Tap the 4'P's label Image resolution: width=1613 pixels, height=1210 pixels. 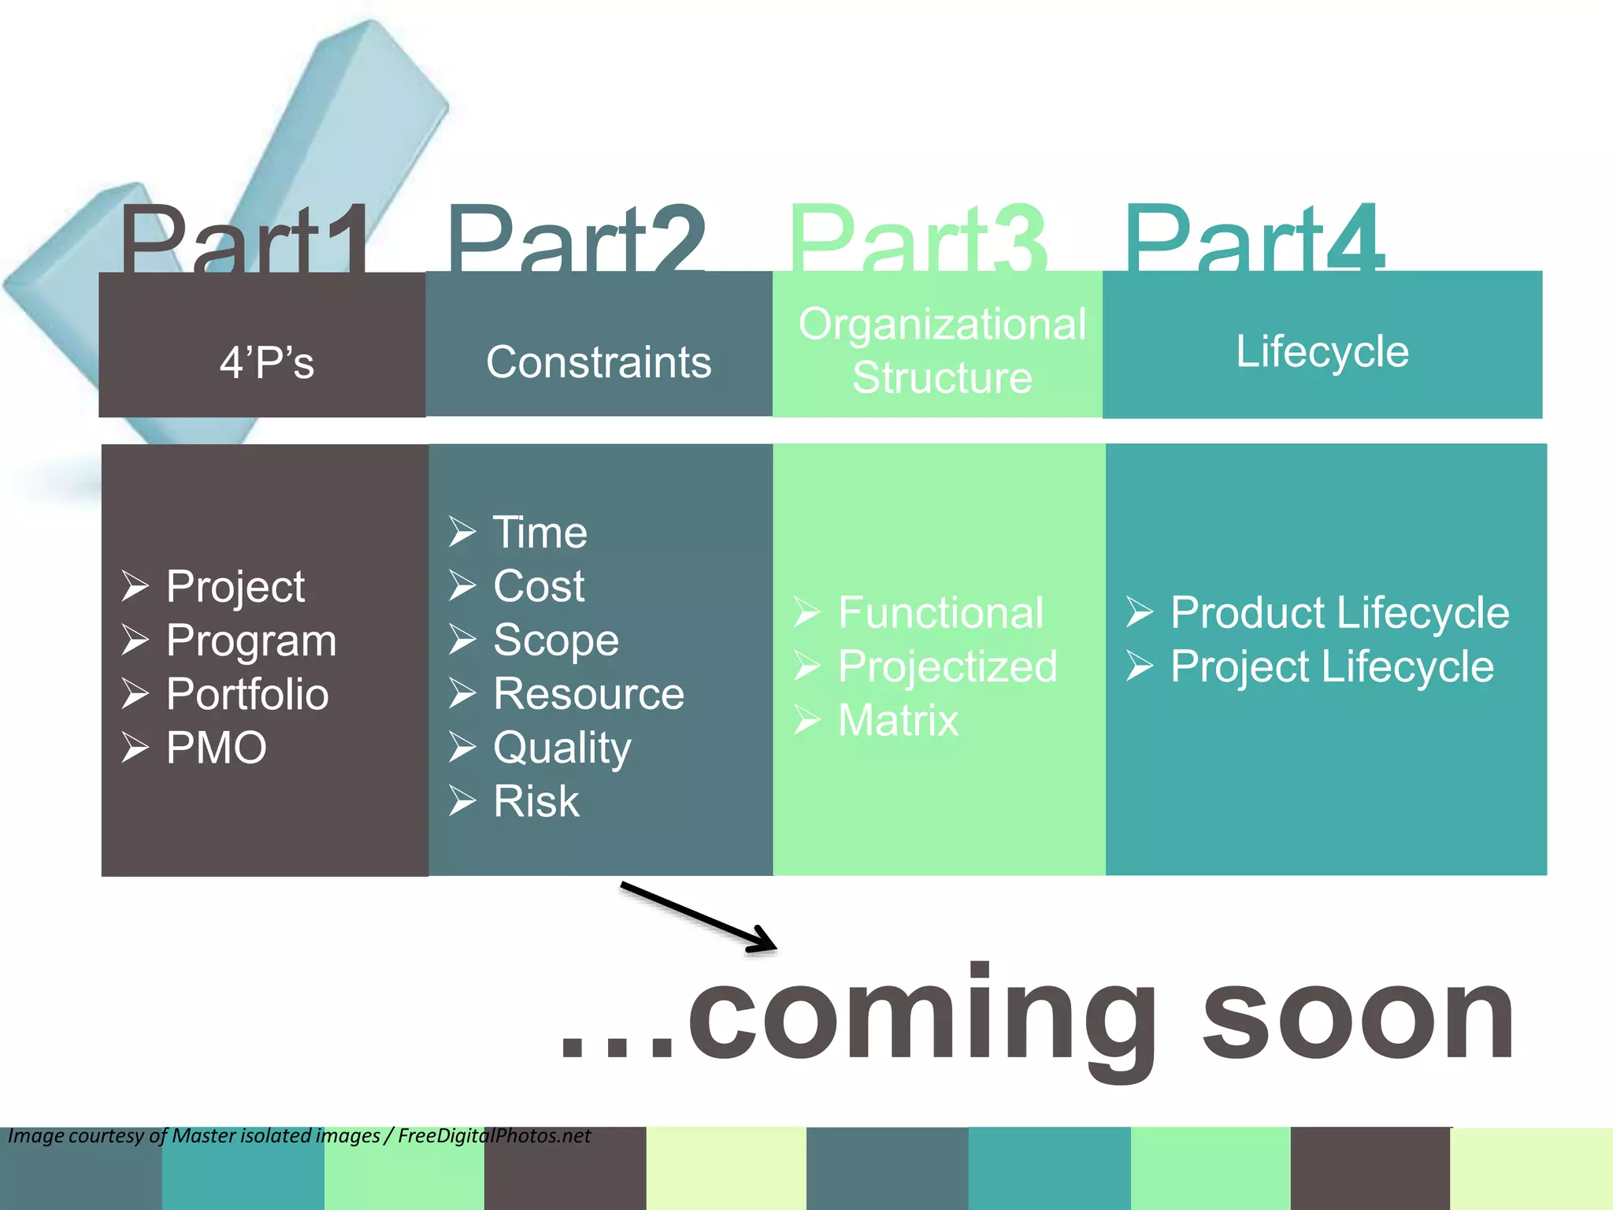(x=267, y=363)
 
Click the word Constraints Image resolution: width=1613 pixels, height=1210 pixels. (x=599, y=362)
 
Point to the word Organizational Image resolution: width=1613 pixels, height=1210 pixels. (x=942, y=324)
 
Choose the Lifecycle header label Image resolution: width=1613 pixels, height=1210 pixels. (x=1322, y=351)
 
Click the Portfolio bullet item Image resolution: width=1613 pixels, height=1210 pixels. (x=247, y=694)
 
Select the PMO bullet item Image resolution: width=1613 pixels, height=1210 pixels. (x=217, y=748)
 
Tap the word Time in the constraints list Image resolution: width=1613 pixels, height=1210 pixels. (x=540, y=533)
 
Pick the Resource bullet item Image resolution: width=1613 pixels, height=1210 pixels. (x=588, y=694)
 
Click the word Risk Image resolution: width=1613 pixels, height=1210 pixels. (x=536, y=802)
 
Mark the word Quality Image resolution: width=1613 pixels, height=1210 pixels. (x=562, y=748)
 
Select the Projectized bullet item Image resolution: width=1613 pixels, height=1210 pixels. (x=947, y=667)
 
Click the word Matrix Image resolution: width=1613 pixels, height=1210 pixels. (x=899, y=721)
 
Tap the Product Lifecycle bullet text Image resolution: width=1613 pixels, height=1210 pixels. (x=1340, y=613)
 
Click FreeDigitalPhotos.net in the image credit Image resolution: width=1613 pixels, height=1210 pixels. (x=494, y=1136)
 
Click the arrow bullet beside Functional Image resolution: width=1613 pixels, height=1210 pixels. (x=807, y=613)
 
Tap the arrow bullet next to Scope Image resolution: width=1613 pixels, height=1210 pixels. (x=462, y=640)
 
